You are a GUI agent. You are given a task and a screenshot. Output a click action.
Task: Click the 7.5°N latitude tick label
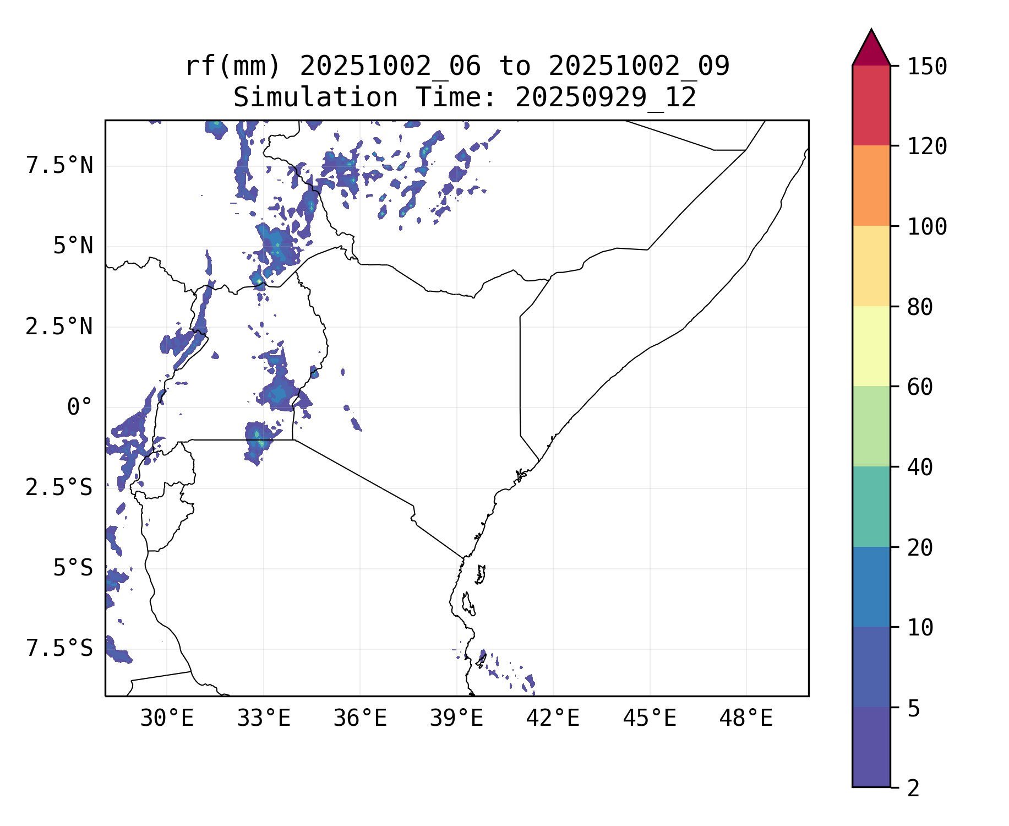[x=59, y=165]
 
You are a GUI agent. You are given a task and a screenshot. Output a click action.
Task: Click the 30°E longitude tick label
[x=167, y=719]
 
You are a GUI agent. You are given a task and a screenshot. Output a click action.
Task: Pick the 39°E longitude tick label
[x=456, y=719]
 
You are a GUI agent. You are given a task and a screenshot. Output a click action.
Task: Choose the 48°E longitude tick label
[x=746, y=719]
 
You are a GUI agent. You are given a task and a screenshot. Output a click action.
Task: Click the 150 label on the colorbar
[x=927, y=67]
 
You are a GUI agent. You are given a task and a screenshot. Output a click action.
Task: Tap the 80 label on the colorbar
[x=920, y=307]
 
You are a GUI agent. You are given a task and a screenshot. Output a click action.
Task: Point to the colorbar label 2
[x=913, y=789]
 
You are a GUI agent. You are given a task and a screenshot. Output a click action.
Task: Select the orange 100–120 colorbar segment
[x=871, y=186]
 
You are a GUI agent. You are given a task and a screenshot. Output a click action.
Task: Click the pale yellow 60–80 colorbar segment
[x=871, y=346]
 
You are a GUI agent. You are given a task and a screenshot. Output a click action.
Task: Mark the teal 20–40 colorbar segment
[x=871, y=507]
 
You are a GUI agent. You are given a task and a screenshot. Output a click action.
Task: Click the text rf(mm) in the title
[x=233, y=66]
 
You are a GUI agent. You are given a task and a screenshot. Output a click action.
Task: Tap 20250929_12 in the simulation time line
[x=606, y=98]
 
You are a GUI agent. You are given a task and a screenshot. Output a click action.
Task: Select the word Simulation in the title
[x=315, y=98]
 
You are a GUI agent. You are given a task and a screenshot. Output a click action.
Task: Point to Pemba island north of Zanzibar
[x=481, y=574]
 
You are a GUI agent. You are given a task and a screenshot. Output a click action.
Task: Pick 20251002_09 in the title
[x=639, y=66]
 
